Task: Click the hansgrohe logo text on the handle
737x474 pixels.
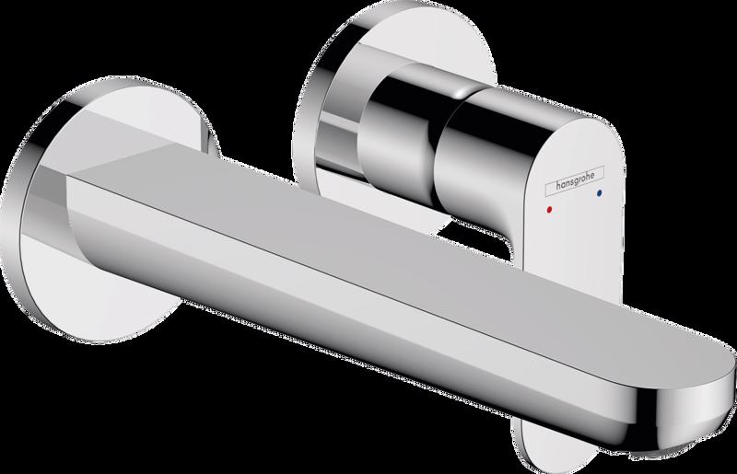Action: point(575,179)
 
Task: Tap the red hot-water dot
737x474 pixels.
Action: point(549,209)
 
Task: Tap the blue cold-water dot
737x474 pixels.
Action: point(600,192)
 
